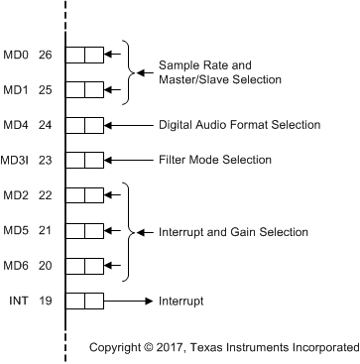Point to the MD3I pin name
(x=16, y=160)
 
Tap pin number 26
(x=46, y=55)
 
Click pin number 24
(x=46, y=125)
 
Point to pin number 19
(x=46, y=301)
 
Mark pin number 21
(x=46, y=230)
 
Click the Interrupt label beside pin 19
(x=181, y=301)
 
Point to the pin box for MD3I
(x=84, y=160)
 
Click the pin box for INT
(x=84, y=301)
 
